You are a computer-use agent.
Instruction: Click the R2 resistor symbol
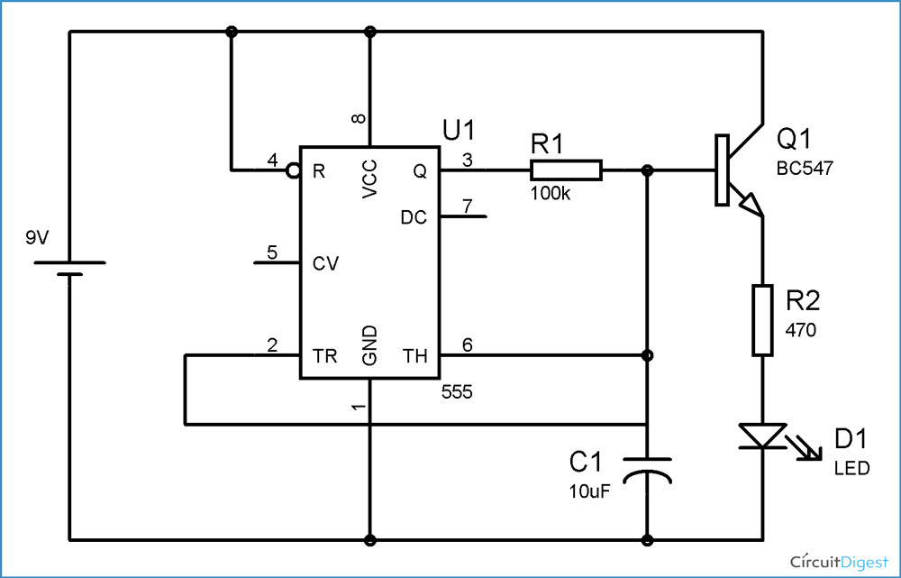pos(762,320)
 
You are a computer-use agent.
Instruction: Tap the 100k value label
pos(550,195)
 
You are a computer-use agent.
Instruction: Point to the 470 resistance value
pos(800,330)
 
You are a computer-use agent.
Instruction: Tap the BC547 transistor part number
pos(807,169)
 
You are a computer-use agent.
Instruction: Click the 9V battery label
pos(38,238)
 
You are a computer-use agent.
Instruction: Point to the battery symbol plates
pos(69,268)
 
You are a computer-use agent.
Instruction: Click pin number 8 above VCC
pos(359,119)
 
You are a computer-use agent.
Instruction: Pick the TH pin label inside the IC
pos(414,356)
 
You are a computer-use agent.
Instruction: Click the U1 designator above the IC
pos(458,130)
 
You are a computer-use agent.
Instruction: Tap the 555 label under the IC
pos(457,393)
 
